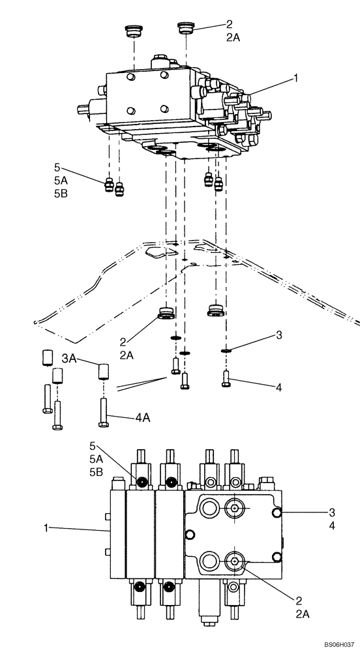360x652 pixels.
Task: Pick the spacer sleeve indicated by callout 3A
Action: tap(104, 372)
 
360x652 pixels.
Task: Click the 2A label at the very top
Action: tap(233, 38)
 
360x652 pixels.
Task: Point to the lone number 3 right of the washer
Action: tap(278, 335)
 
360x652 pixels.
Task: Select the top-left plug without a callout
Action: tap(134, 31)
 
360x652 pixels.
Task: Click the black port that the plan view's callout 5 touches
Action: tap(141, 482)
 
